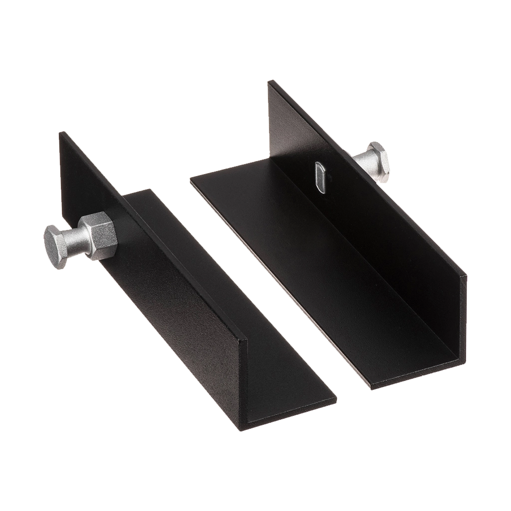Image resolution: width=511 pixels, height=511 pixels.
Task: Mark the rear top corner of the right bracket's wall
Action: point(270,81)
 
